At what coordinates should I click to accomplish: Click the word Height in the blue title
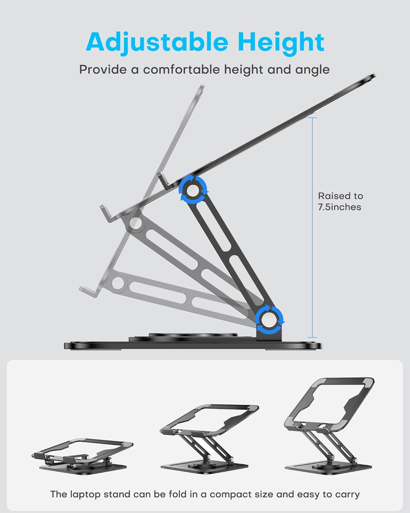click(x=277, y=42)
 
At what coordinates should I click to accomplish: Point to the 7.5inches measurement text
click(x=339, y=207)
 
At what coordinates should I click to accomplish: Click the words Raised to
click(x=340, y=196)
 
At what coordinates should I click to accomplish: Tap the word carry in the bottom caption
click(x=347, y=495)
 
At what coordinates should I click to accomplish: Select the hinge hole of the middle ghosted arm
click(x=136, y=224)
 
